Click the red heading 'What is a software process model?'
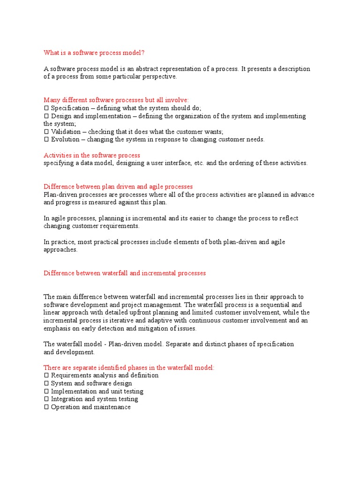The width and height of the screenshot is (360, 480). pos(97,52)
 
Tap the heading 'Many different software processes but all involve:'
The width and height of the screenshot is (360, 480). pos(116,100)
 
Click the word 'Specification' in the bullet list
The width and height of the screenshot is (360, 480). pos(70,108)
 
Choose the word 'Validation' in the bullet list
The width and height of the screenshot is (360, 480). pos(66,132)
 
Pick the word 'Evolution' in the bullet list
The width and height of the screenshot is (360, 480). pos(65,139)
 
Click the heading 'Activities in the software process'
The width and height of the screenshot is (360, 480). pos(92,155)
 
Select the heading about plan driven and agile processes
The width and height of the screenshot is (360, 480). pos(118,187)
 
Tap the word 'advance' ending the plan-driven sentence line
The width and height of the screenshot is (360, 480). pos(302,195)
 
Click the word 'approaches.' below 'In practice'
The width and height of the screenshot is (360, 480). pos(60,250)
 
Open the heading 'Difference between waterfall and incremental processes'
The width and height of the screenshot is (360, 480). pos(125,273)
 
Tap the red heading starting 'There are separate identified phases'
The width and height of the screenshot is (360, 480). pos(129,367)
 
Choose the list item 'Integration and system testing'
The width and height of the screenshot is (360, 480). pos(94,399)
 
